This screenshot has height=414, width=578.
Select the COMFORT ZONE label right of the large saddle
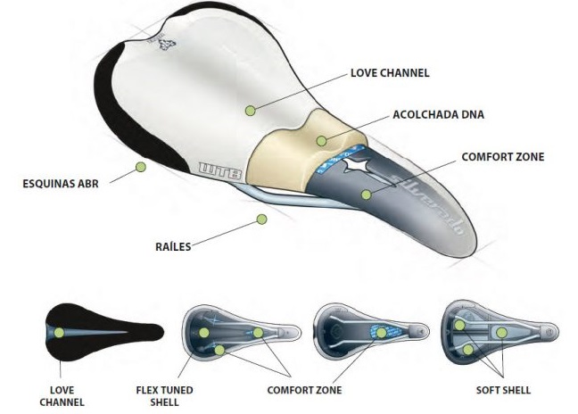(x=502, y=157)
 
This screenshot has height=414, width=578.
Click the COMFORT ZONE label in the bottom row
(x=304, y=390)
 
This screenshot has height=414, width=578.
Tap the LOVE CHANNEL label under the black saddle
(x=62, y=395)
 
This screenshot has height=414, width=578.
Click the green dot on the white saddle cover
(x=251, y=110)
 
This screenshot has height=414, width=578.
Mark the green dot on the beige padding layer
(x=321, y=141)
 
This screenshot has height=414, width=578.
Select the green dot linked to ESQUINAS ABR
(x=140, y=167)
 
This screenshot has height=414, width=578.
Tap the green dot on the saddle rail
(x=261, y=219)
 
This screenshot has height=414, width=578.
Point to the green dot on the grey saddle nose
(x=365, y=193)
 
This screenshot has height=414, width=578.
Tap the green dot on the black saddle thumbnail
(x=58, y=332)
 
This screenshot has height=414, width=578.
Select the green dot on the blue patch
(x=381, y=332)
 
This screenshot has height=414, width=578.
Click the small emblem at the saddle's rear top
(x=163, y=46)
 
